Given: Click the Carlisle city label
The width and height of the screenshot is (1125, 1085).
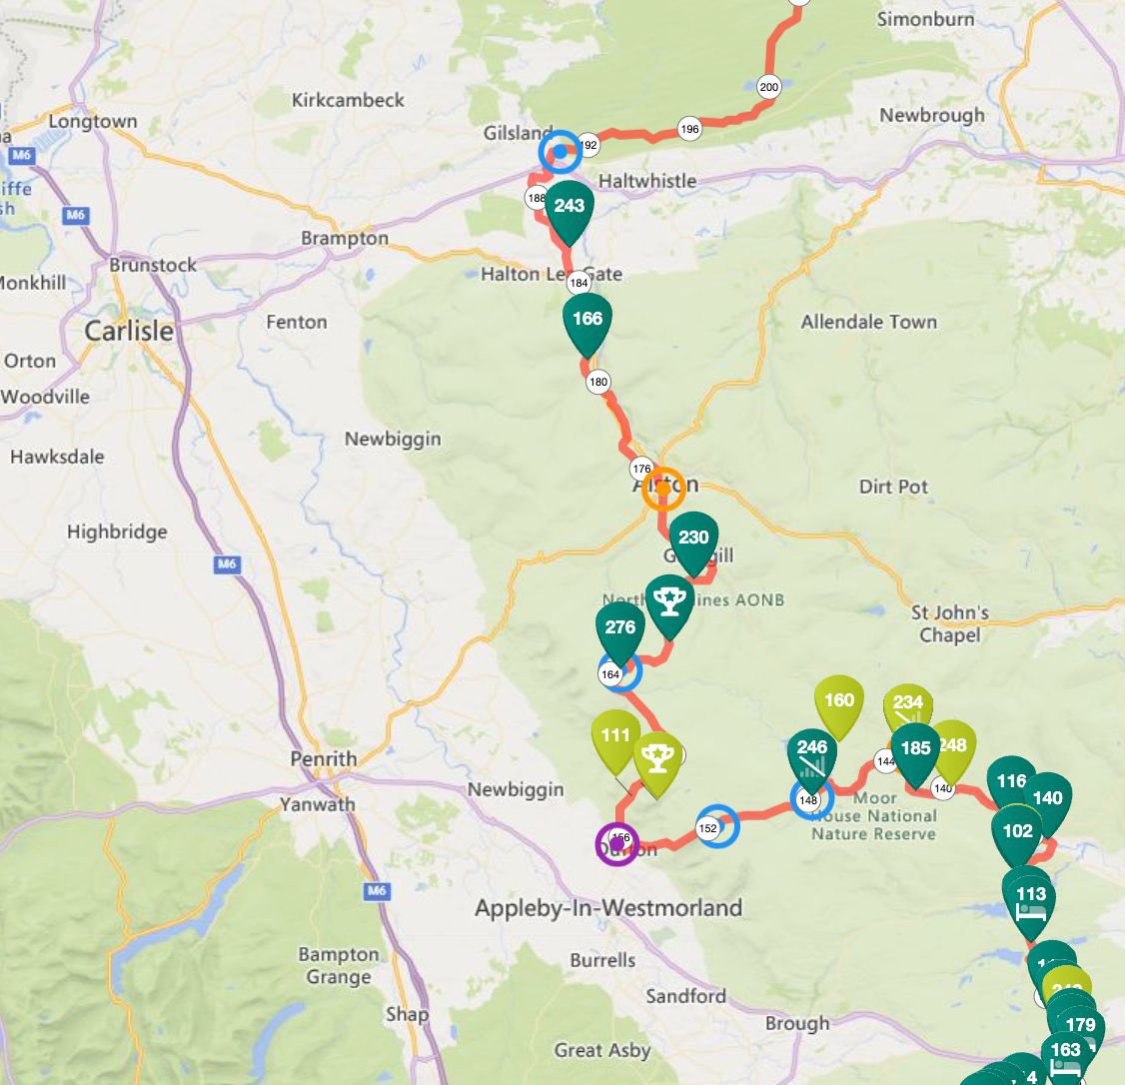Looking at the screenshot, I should tap(128, 331).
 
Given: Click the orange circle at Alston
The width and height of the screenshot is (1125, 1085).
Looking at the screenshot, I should tap(663, 489).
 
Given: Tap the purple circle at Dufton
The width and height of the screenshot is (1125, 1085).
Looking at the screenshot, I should tap(616, 844).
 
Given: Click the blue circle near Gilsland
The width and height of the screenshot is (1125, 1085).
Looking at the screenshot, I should tap(560, 152).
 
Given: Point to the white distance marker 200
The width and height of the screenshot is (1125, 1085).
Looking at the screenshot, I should tap(768, 87).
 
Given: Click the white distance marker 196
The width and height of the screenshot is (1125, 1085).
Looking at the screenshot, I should tap(689, 129).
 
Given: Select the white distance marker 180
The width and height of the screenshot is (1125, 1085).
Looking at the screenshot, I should tap(598, 382).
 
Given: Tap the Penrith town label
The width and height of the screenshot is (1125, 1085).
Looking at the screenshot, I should tap(323, 759).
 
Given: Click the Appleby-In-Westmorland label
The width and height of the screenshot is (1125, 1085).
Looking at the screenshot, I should tap(607, 909).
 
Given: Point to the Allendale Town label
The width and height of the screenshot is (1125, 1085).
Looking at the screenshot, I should tap(868, 322).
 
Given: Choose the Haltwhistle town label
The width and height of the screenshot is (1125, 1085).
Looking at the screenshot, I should tap(646, 181).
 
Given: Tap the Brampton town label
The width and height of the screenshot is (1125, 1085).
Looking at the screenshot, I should tap(345, 239).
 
